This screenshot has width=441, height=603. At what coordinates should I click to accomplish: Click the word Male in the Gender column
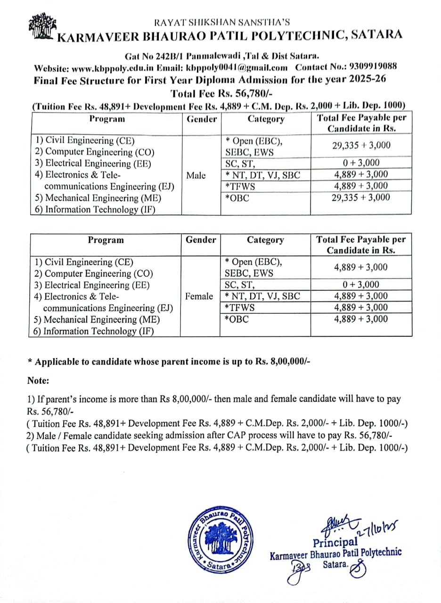coord(196,175)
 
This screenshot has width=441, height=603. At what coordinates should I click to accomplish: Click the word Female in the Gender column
coord(199,296)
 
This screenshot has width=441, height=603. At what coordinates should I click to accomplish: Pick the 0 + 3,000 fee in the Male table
coord(361,163)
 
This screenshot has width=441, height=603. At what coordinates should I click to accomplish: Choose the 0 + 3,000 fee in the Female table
coord(361,285)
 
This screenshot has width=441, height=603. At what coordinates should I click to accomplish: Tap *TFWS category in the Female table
coord(240,308)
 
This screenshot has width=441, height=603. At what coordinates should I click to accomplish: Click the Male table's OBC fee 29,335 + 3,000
coord(361,197)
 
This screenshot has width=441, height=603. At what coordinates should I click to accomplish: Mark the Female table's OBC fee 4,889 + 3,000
coord(361,319)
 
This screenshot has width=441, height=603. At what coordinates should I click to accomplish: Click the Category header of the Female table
coord(265,240)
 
